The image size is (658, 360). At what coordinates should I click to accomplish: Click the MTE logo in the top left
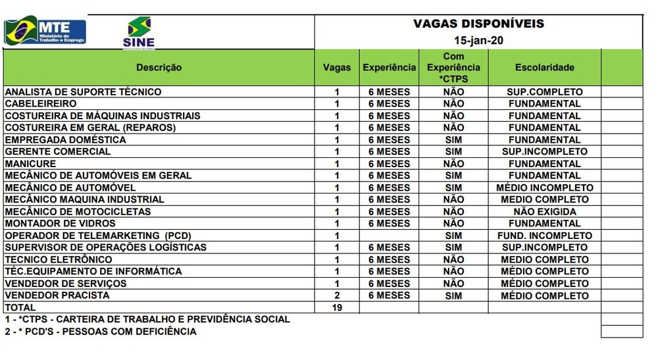pos(45,32)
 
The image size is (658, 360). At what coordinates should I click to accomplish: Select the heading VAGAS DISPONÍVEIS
pos(478,24)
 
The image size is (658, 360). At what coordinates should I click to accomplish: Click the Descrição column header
pos(159,67)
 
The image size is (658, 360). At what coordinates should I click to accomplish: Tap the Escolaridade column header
pos(544,67)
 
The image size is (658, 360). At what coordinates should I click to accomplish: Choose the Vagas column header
pos(336,67)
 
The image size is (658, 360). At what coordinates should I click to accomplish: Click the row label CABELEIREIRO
pos(41,104)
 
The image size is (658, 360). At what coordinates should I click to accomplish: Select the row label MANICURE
pos(30,164)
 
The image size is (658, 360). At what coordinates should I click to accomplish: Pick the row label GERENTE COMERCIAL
pos(58,151)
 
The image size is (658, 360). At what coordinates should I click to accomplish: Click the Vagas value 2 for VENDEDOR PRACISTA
pos(336,296)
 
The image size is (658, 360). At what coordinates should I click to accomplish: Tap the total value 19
pos(336,307)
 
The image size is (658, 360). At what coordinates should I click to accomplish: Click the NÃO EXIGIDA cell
pos(544,212)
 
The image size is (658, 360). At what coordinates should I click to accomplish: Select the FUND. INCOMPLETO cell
pos(544,236)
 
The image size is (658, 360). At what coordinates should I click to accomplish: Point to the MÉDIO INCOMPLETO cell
pos(544,188)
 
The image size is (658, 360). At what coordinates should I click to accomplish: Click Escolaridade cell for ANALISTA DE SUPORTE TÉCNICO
pos(544,92)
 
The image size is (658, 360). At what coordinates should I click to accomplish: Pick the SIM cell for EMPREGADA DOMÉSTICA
pos(453,140)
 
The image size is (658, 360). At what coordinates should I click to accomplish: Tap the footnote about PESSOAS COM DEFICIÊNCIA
pos(100,331)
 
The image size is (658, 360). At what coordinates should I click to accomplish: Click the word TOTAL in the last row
pos(20,307)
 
